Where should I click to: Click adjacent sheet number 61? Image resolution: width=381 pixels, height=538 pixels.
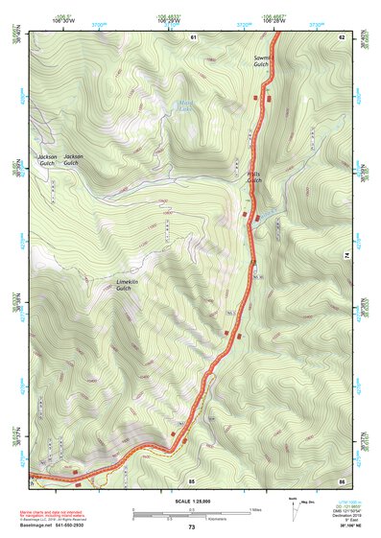pos(193,35)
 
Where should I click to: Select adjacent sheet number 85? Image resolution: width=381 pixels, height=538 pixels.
pos(192,479)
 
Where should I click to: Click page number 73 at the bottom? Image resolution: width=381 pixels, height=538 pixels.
pos(191,527)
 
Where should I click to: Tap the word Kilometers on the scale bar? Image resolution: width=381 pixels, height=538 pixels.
pos(221,518)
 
